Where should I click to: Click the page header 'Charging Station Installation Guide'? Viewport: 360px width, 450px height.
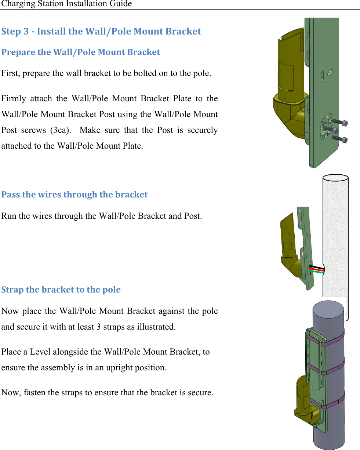click(66, 4)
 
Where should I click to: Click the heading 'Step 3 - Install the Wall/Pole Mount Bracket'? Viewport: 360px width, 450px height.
click(101, 31)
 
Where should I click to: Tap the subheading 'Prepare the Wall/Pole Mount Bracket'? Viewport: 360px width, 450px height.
click(81, 52)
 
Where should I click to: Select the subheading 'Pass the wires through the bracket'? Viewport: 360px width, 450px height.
click(74, 195)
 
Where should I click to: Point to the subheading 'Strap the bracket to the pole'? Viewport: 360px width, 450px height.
click(61, 290)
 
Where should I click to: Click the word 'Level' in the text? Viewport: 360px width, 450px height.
click(40, 352)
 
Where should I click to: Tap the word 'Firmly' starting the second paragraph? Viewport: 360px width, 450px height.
click(14, 99)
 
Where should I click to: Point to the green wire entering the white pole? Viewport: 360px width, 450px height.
click(318, 272)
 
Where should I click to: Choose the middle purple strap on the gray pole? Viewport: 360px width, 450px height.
click(333, 369)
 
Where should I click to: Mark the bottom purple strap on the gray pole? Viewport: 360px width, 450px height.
click(333, 401)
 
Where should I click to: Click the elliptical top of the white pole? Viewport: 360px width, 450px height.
click(335, 178)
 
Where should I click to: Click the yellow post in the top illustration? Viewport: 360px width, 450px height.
click(288, 73)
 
